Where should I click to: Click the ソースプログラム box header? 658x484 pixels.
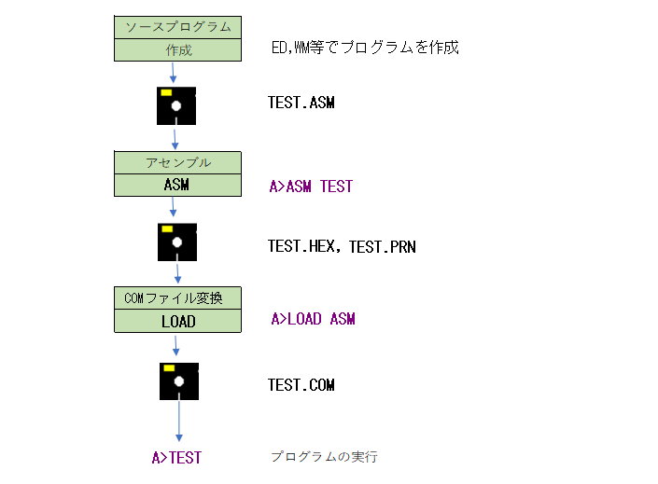pos(177,27)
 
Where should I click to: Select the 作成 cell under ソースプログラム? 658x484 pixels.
pos(177,50)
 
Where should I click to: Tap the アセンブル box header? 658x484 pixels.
pos(177,162)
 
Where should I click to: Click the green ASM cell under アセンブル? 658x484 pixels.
pos(177,185)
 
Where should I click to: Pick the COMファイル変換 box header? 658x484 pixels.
pos(177,298)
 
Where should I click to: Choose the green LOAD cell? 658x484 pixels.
pos(177,322)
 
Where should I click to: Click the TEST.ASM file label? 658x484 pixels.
pos(301,103)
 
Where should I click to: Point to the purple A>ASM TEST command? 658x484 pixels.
pos(311,187)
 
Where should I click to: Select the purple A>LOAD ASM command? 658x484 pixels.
pos(313,319)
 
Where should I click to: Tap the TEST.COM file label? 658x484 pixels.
pos(301,385)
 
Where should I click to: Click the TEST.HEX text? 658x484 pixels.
pos(301,246)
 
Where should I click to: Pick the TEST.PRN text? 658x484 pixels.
pos(383,247)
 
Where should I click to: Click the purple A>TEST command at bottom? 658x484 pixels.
pos(176,458)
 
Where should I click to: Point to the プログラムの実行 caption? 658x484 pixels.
pos(324,456)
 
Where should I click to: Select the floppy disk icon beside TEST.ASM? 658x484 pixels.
pos(176,105)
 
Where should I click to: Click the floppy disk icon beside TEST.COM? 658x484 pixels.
pos(179,381)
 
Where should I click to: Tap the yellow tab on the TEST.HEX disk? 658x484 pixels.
pos(167,229)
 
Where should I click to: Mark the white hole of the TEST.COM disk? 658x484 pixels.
pos(179,381)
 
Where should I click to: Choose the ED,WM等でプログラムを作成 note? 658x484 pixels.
pos(365,48)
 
